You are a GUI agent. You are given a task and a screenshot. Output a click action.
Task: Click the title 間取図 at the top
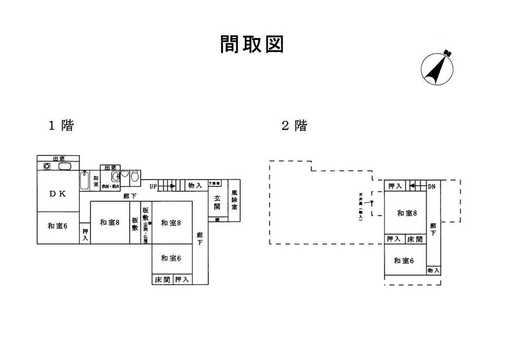point(252,44)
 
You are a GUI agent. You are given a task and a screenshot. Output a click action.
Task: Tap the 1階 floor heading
point(61,126)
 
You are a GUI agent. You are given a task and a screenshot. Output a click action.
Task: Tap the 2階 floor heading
point(294,126)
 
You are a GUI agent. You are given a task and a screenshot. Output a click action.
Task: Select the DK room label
point(57,194)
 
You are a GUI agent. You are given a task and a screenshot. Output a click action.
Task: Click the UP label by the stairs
point(154,186)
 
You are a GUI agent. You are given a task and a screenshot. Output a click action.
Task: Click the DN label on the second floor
point(431,186)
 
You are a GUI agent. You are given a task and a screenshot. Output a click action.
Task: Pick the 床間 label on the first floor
point(162,280)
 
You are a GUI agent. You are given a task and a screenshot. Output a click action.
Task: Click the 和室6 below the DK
point(57,226)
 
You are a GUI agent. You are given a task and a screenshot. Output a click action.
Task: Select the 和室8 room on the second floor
point(407,213)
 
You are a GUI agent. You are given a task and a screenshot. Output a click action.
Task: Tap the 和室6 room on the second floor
point(403,260)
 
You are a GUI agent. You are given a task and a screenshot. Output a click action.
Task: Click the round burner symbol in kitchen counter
point(47,166)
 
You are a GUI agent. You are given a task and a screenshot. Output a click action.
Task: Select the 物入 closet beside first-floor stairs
point(195,186)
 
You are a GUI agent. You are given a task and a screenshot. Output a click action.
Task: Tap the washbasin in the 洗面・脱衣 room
point(115,176)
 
